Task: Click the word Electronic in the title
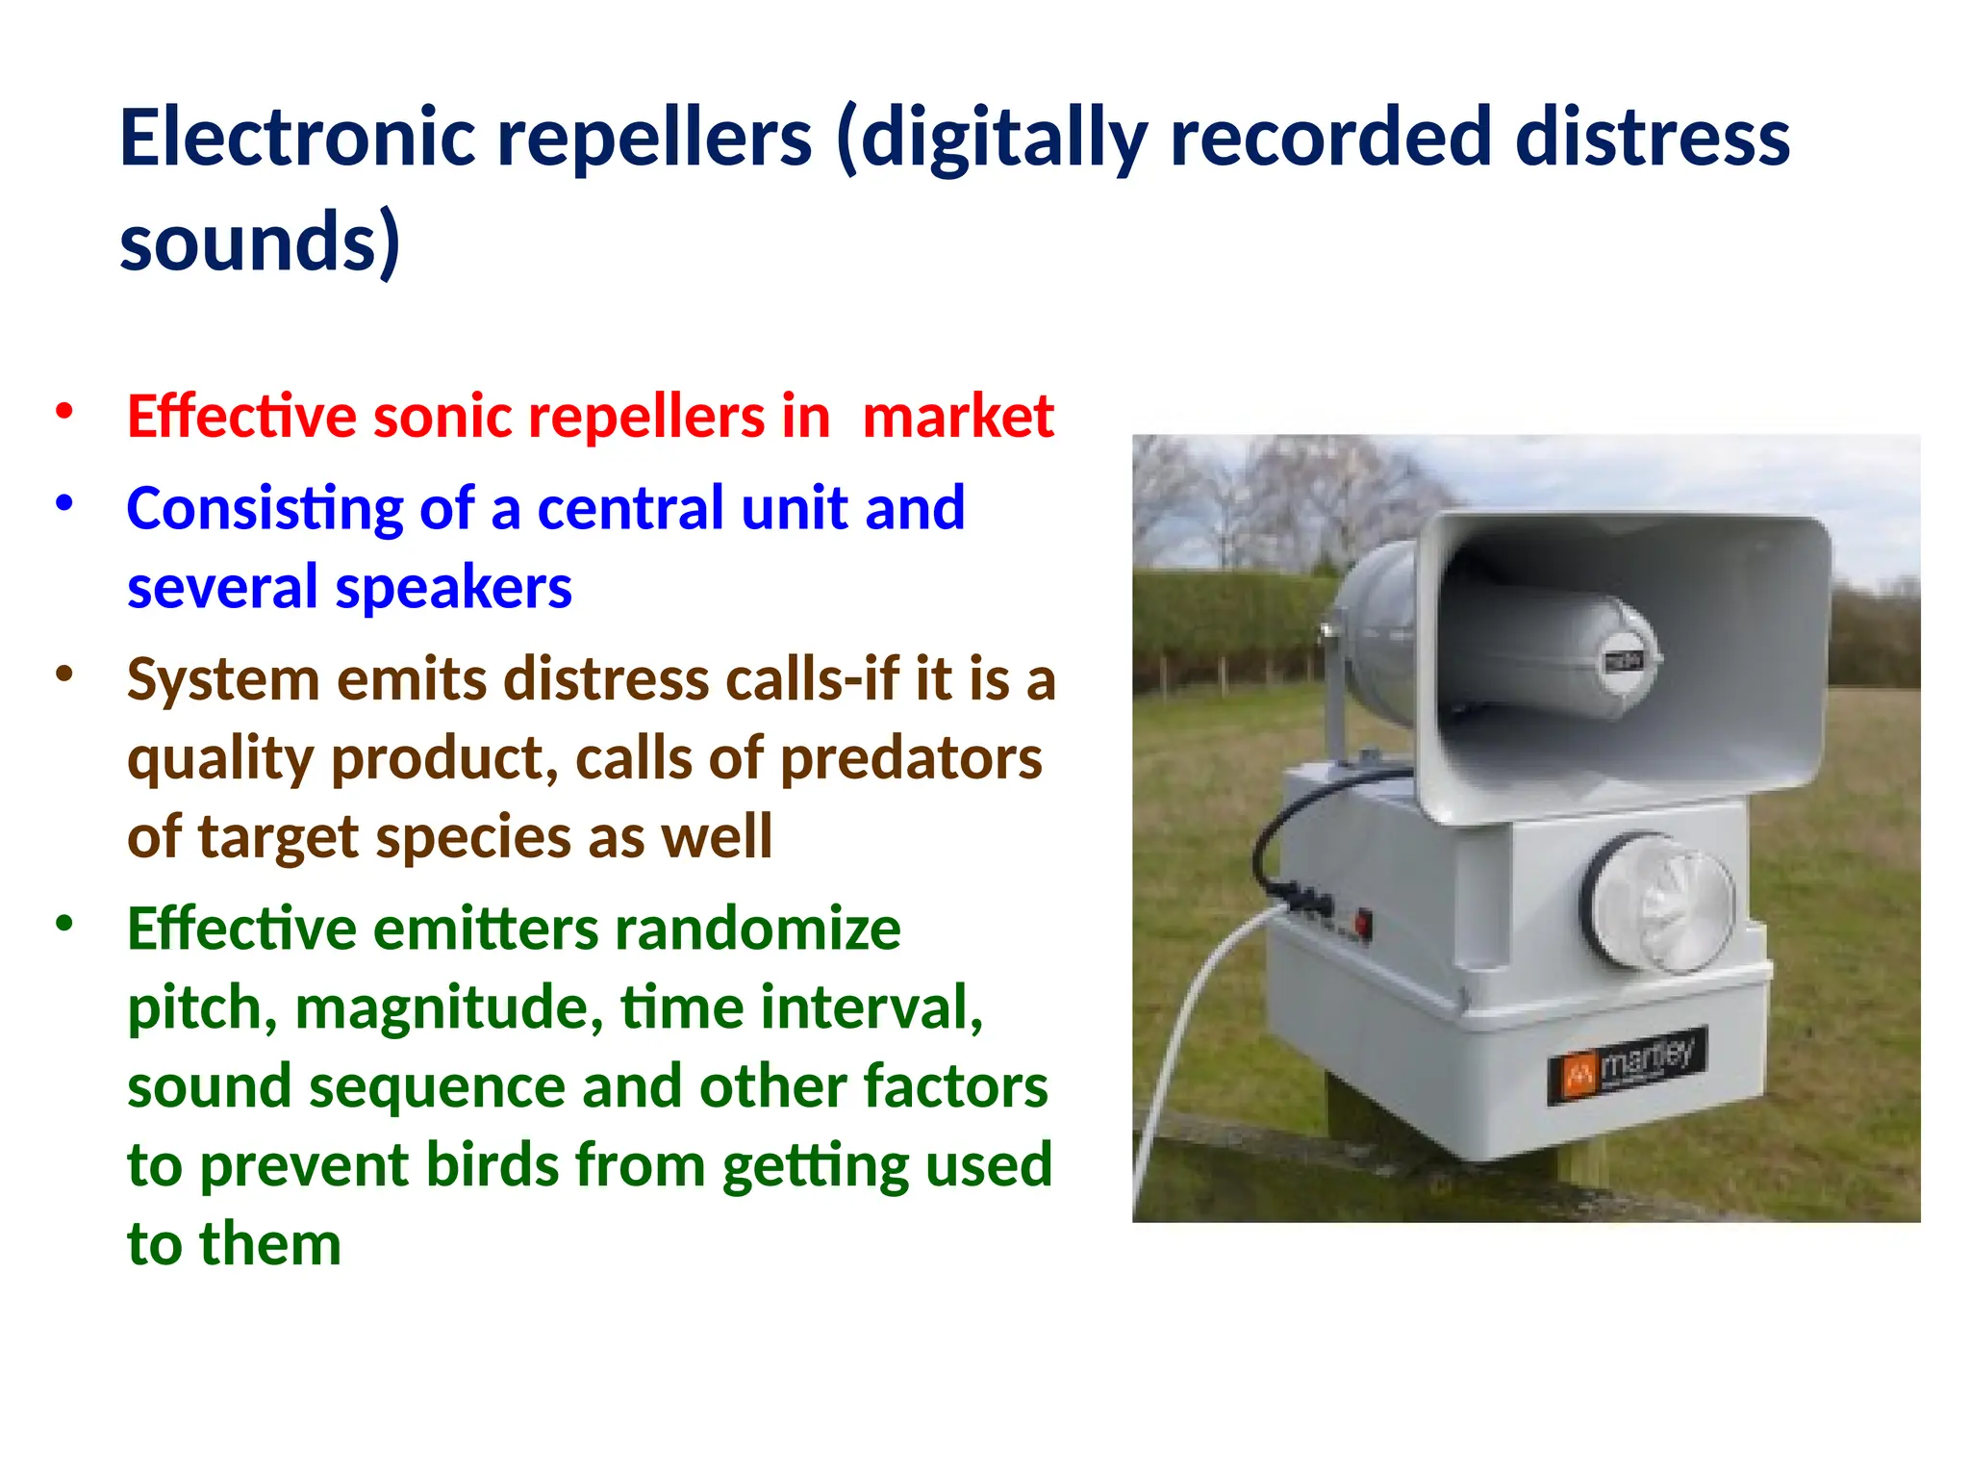tap(298, 138)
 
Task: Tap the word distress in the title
tap(1652, 138)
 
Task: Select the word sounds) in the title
tap(260, 242)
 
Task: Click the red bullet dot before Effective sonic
tap(64, 412)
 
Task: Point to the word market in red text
tap(958, 417)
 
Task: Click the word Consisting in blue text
tap(265, 508)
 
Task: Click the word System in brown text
tap(224, 679)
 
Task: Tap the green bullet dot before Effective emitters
tap(64, 925)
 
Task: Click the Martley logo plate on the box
tap(1627, 1064)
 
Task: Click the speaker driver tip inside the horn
tap(1625, 661)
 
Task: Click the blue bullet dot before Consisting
tap(64, 503)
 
